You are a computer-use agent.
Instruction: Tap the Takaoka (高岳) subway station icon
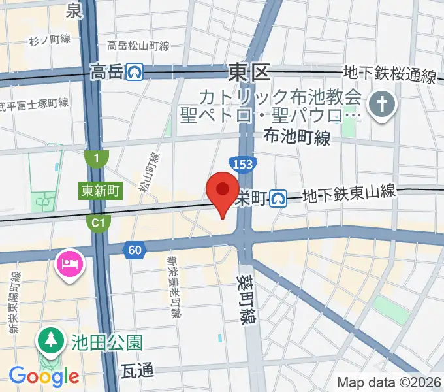[136, 71]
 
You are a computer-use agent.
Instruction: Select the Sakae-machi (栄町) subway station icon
[279, 197]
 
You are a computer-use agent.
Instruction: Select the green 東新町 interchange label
[101, 191]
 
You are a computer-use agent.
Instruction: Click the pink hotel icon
[69, 265]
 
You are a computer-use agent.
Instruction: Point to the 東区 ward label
[249, 72]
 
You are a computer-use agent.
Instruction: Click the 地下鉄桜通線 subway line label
[390, 75]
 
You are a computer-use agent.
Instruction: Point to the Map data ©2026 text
[389, 382]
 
